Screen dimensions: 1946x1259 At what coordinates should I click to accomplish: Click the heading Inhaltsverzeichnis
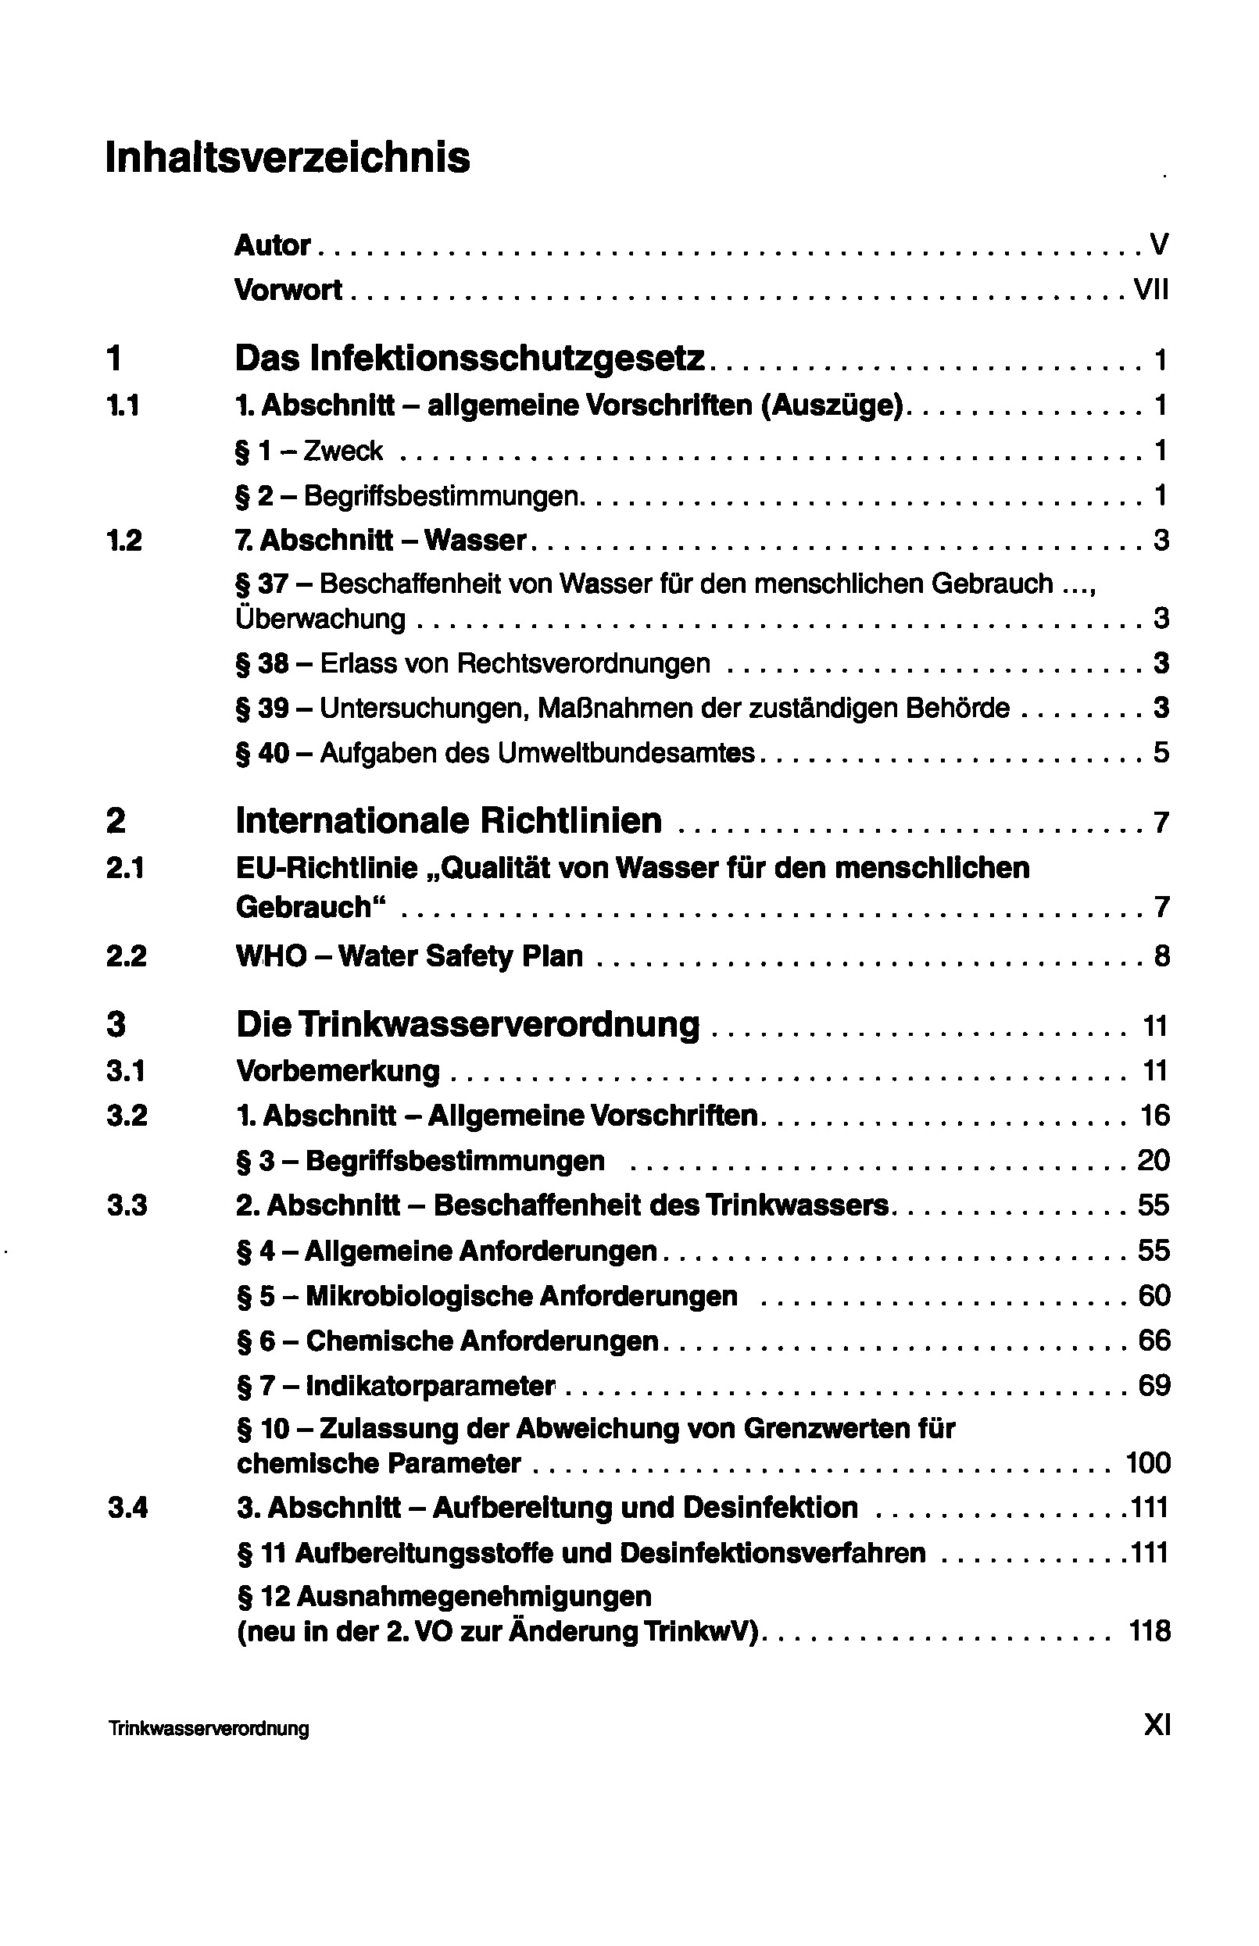click(288, 157)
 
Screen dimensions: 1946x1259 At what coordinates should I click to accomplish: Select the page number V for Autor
click(1158, 245)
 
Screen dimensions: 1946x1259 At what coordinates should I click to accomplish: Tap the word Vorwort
click(288, 289)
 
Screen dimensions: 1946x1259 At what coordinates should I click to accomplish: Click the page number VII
click(1151, 289)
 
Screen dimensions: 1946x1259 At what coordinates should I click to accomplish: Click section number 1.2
click(123, 541)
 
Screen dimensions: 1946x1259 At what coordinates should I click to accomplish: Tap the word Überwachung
click(320, 619)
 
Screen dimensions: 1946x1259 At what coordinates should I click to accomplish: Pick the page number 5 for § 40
click(1161, 753)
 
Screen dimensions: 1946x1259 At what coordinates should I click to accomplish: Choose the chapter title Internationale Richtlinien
click(449, 820)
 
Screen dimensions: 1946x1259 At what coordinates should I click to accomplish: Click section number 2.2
click(126, 956)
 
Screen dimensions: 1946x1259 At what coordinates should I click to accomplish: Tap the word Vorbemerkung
click(338, 1071)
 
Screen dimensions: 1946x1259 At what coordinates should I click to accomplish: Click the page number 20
click(1153, 1161)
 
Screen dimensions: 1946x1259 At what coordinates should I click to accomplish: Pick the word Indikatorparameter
click(430, 1386)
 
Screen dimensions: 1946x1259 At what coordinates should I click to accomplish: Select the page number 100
click(1148, 1463)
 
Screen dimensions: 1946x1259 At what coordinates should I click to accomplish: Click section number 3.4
click(127, 1508)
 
